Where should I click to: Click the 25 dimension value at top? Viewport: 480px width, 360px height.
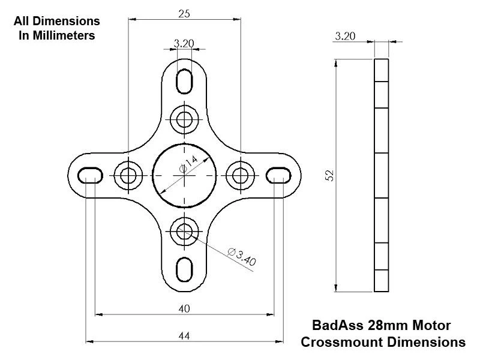(x=185, y=13)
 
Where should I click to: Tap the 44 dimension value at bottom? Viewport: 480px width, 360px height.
(x=184, y=337)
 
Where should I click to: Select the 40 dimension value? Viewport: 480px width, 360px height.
(x=184, y=308)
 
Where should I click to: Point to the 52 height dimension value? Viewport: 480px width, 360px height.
(x=329, y=175)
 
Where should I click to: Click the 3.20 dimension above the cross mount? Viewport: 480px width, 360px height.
(x=183, y=44)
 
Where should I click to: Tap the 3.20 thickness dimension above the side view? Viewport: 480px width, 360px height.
(x=346, y=36)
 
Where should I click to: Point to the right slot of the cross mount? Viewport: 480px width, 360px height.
(x=278, y=174)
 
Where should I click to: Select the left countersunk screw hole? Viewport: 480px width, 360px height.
(x=128, y=175)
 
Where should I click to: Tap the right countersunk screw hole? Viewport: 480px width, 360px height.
(x=241, y=175)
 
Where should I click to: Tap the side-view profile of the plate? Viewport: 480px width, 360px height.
(x=381, y=175)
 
